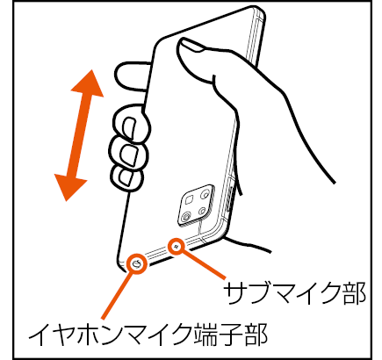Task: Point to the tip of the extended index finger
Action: tap(117, 73)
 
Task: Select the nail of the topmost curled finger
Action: tap(130, 128)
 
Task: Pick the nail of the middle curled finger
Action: tap(128, 155)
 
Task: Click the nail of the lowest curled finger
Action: tap(126, 176)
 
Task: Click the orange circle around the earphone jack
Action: tap(137, 264)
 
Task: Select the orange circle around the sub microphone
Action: tap(177, 246)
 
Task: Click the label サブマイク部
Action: tap(294, 293)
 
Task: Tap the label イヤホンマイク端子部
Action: tap(148, 335)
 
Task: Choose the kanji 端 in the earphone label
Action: tap(206, 335)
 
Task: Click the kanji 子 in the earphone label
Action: tap(231, 335)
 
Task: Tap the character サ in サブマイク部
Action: tap(236, 293)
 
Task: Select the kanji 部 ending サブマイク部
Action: tap(354, 293)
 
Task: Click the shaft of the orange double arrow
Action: tap(79, 135)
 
